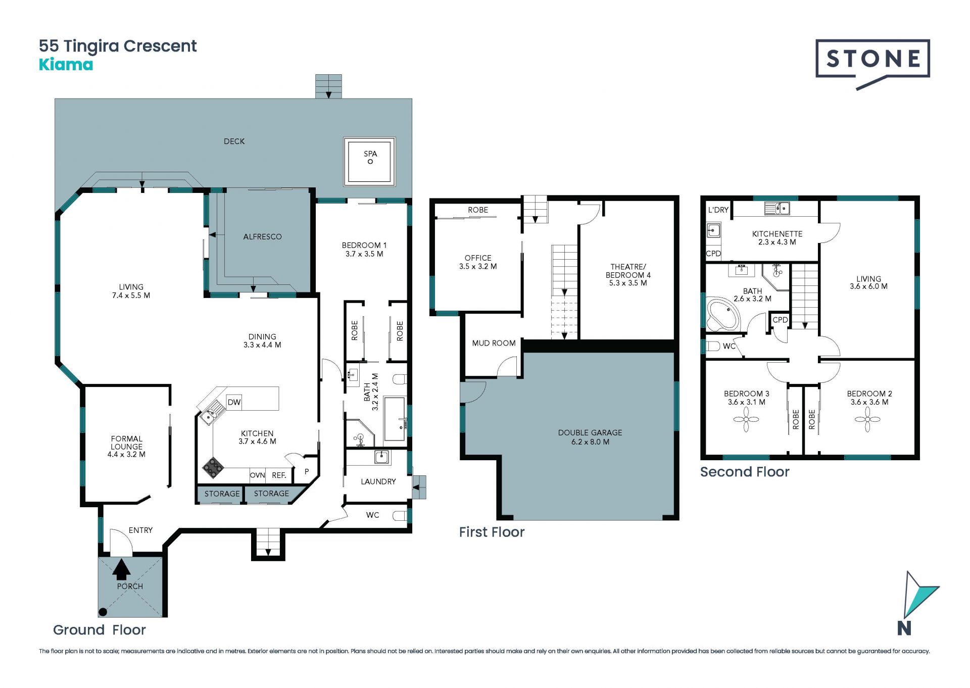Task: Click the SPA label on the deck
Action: (x=370, y=154)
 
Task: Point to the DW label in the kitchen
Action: (x=234, y=402)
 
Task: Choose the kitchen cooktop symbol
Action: (x=213, y=468)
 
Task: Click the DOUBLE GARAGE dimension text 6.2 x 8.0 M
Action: (x=590, y=442)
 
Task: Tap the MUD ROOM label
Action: (x=494, y=343)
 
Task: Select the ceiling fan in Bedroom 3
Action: (x=746, y=419)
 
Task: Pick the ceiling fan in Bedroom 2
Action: (x=867, y=419)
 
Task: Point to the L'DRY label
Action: (x=718, y=210)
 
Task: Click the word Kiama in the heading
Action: (x=66, y=65)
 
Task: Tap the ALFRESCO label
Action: (x=262, y=236)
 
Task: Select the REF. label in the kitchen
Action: (x=279, y=475)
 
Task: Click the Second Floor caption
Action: (x=745, y=472)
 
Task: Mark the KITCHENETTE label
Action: (x=777, y=234)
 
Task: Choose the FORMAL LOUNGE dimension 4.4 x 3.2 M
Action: (x=126, y=455)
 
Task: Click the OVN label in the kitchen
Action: (x=257, y=475)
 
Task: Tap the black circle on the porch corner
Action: (x=103, y=612)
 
